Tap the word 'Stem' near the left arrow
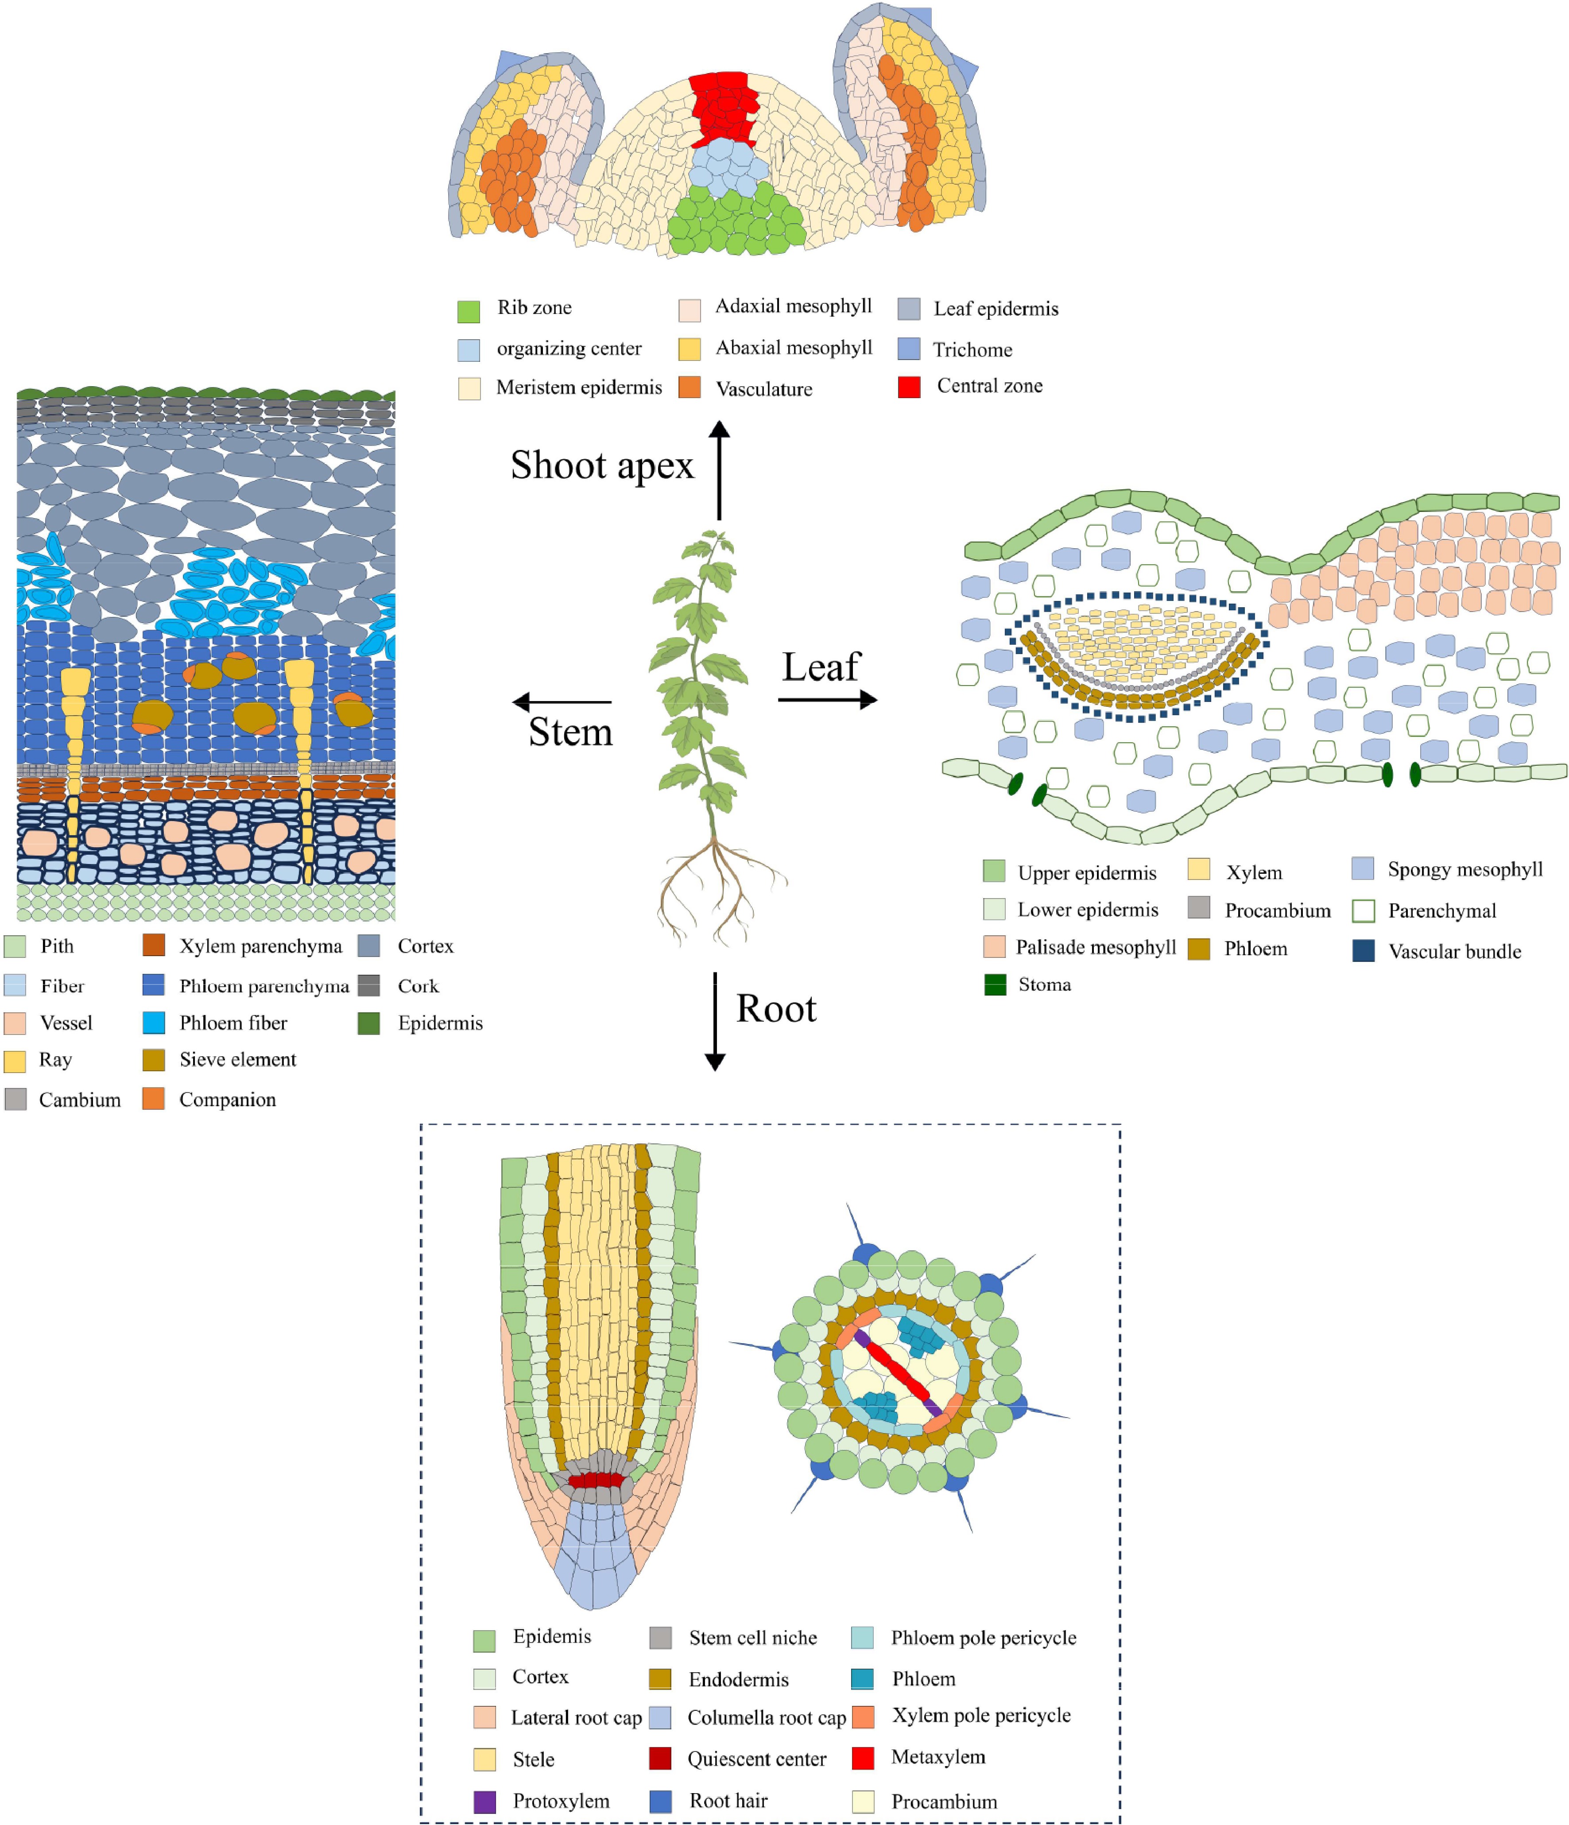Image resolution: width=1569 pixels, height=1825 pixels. tap(570, 732)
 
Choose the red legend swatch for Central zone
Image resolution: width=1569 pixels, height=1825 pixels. tap(909, 387)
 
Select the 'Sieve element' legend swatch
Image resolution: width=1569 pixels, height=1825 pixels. tap(154, 1060)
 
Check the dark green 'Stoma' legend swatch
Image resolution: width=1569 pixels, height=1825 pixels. tap(995, 985)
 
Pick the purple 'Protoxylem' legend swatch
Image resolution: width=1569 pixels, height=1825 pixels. tap(484, 1801)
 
